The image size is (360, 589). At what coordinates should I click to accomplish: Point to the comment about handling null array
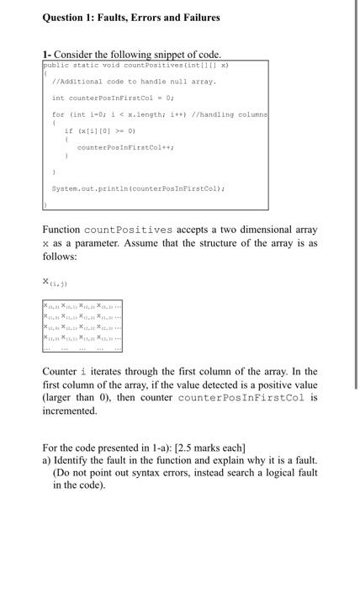pos(134,82)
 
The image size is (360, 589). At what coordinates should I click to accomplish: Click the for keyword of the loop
pos(58,114)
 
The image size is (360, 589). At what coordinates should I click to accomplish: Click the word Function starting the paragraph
pos(61,230)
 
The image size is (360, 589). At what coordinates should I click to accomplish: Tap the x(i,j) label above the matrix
pos(55,281)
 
